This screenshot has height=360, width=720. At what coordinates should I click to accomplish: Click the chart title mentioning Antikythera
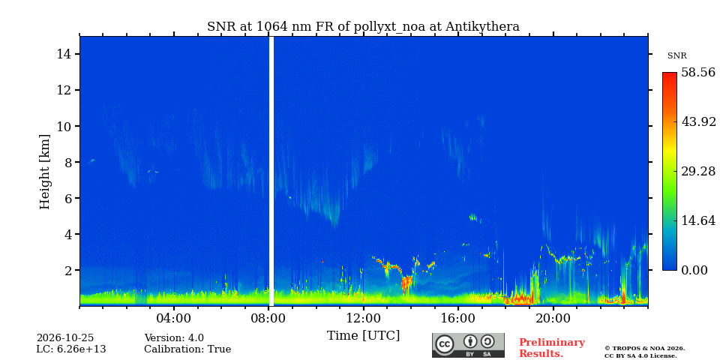pyautogui.click(x=363, y=27)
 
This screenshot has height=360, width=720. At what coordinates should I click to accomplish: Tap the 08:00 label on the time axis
pyautogui.click(x=269, y=318)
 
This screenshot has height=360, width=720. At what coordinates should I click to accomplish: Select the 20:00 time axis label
pyautogui.click(x=553, y=318)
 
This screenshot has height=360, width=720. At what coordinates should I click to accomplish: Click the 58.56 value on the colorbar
pyautogui.click(x=698, y=73)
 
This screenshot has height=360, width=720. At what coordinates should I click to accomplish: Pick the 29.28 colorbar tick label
pyautogui.click(x=698, y=171)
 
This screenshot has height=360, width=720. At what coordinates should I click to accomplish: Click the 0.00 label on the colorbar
pyautogui.click(x=694, y=270)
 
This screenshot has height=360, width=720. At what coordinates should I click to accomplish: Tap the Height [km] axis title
pyautogui.click(x=44, y=172)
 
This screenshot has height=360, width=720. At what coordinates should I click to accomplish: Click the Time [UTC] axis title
pyautogui.click(x=363, y=336)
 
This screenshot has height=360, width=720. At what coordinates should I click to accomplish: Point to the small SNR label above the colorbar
pyautogui.click(x=676, y=56)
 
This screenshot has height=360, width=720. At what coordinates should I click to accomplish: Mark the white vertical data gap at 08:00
pyautogui.click(x=271, y=171)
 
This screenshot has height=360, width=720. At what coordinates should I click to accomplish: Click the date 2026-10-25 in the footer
pyautogui.click(x=65, y=338)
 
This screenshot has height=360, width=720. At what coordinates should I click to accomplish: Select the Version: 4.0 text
pyautogui.click(x=174, y=338)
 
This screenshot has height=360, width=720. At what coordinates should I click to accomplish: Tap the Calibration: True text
pyautogui.click(x=187, y=349)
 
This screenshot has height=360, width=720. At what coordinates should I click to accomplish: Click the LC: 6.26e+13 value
pyautogui.click(x=71, y=349)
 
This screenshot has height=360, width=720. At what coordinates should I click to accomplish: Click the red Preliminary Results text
pyautogui.click(x=552, y=348)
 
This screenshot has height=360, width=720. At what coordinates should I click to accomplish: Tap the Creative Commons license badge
pyautogui.click(x=468, y=345)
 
